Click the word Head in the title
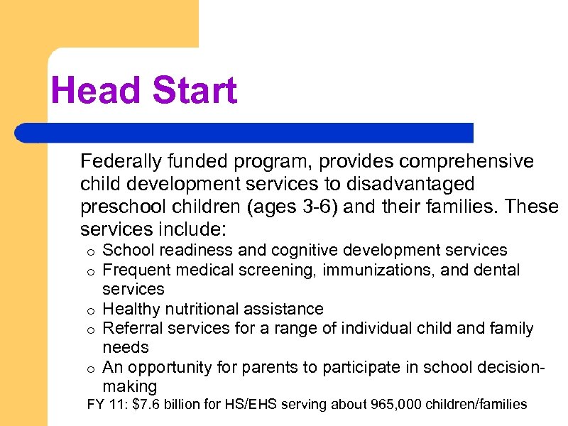pos(90,92)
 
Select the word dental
pos(496,270)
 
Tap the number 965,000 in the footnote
pos(396,405)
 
